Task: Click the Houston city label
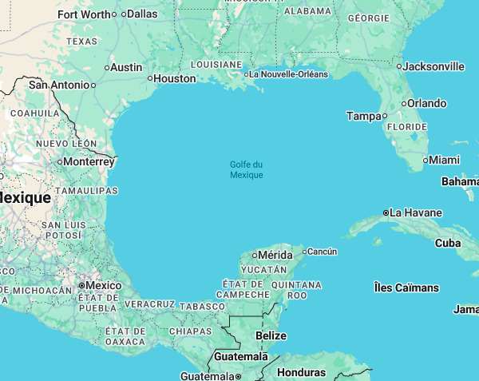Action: click(x=174, y=78)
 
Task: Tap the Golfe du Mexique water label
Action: click(x=246, y=169)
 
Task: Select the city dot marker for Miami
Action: click(x=425, y=161)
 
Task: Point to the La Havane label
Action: click(x=416, y=213)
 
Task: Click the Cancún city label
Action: click(x=322, y=252)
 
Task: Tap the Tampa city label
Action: click(x=364, y=116)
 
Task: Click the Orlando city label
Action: click(x=426, y=103)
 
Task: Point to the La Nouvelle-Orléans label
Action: click(x=288, y=74)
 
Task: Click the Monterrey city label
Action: click(x=89, y=161)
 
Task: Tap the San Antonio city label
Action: click(x=58, y=85)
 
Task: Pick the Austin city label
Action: click(x=126, y=67)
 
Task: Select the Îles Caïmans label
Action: click(x=406, y=287)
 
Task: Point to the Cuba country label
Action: click(x=448, y=243)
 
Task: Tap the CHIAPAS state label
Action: click(x=190, y=331)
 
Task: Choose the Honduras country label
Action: click(x=301, y=372)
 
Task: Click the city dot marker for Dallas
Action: click(x=124, y=14)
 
